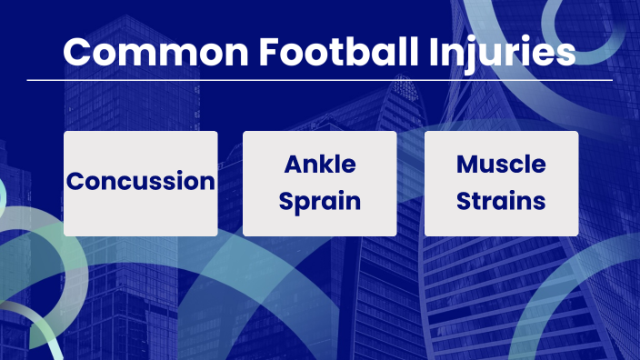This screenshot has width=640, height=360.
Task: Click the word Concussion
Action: (x=140, y=181)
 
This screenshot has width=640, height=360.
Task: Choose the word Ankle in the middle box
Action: (x=320, y=165)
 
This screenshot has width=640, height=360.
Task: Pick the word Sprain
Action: (x=320, y=201)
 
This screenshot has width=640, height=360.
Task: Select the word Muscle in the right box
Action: (x=501, y=165)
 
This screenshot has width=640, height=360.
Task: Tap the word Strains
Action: (x=501, y=199)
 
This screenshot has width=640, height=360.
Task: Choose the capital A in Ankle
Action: (x=294, y=165)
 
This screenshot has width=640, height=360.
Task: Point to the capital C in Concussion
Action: (x=75, y=181)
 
